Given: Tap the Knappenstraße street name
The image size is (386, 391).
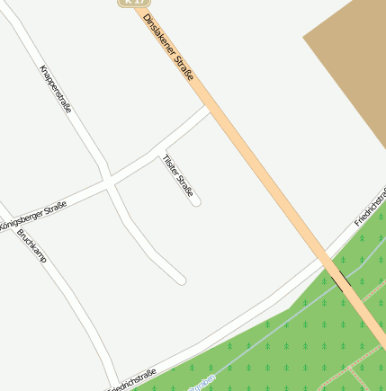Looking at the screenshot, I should (56, 88).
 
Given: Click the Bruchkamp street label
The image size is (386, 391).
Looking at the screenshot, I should (31, 244).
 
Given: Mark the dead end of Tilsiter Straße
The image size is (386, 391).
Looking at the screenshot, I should (195, 201).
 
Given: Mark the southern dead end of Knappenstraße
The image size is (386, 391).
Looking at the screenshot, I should (180, 280).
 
